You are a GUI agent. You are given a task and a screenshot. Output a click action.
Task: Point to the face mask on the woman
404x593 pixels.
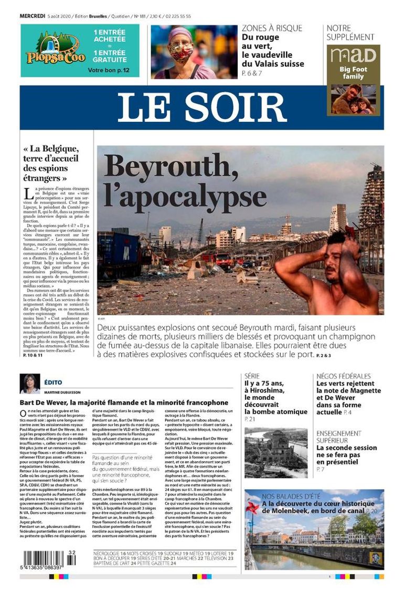[x=181, y=53]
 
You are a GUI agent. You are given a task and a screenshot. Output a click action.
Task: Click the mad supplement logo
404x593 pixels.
[x=353, y=55]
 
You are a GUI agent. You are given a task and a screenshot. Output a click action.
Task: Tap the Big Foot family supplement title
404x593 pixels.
[x=353, y=73]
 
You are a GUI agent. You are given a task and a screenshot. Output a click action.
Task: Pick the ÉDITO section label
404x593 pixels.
[x=53, y=384]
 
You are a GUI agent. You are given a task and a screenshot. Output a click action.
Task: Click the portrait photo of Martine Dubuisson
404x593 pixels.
[x=30, y=384]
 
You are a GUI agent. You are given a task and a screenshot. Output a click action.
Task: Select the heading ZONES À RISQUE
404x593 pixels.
[x=272, y=29]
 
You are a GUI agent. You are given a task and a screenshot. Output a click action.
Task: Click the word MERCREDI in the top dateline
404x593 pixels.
[x=34, y=16]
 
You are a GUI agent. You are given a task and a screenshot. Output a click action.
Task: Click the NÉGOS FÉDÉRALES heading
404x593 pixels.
[x=344, y=376]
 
